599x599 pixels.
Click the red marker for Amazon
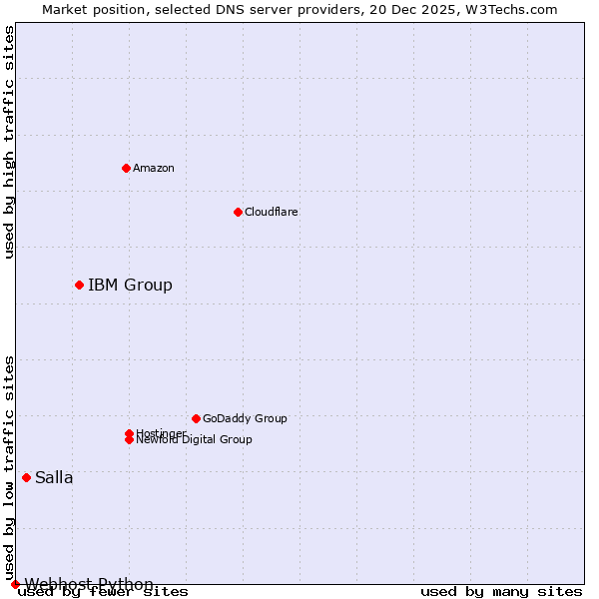pyautogui.click(x=126, y=168)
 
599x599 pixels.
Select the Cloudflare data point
pyautogui.click(x=238, y=212)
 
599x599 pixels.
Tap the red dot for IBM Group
pyautogui.click(x=79, y=285)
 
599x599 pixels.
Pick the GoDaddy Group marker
pyautogui.click(x=196, y=418)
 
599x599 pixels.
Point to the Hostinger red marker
pyautogui.click(x=129, y=433)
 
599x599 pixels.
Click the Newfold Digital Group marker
pyautogui.click(x=129, y=440)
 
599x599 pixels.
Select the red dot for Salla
pyautogui.click(x=26, y=477)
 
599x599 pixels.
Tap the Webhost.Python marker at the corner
pyautogui.click(x=15, y=584)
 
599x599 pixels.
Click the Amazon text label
pyautogui.click(x=154, y=168)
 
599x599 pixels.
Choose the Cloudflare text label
pyautogui.click(x=272, y=212)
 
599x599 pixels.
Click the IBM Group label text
pyautogui.click(x=130, y=285)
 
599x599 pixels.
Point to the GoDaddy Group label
pyautogui.click(x=245, y=418)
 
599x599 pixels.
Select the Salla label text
pyautogui.click(x=54, y=477)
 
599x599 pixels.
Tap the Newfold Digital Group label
pyautogui.click(x=195, y=440)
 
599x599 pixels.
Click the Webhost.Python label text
pyautogui.click(x=89, y=584)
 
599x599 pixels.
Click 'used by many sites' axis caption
pyautogui.click(x=501, y=592)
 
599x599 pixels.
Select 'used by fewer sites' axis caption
pyautogui.click(x=103, y=592)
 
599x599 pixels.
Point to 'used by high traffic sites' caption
pyautogui.click(x=9, y=143)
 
